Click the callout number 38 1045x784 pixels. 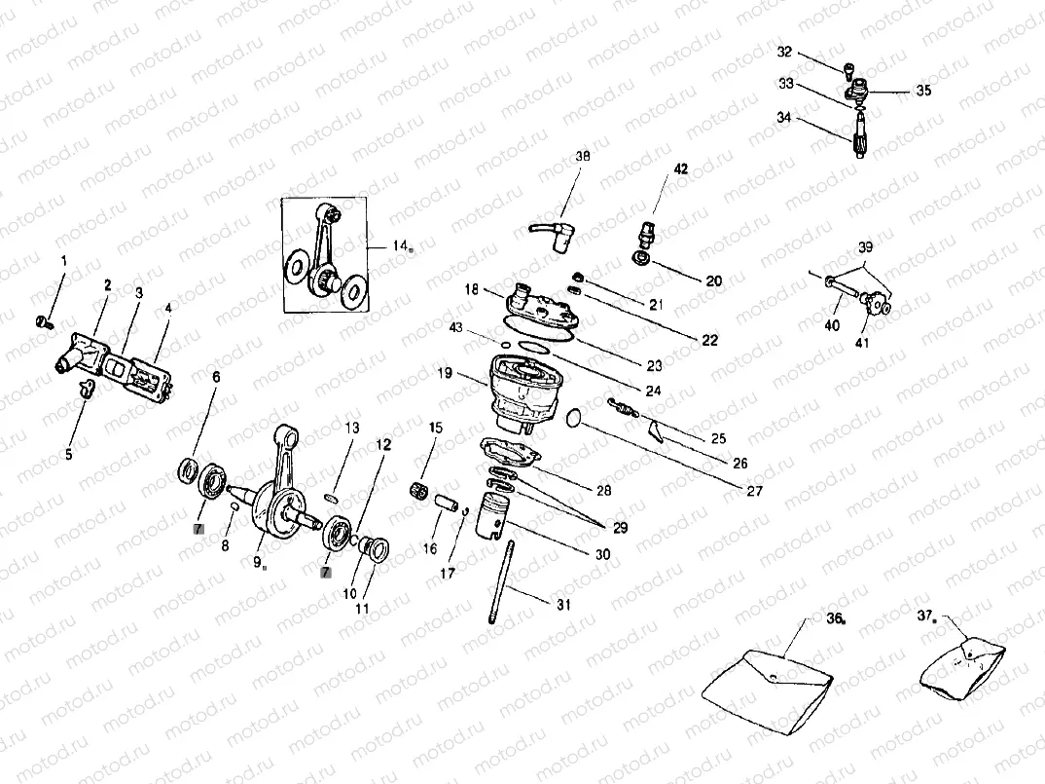[582, 155]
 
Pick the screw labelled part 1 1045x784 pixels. [41, 320]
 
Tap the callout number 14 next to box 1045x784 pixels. [400, 245]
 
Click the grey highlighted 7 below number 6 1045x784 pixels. [198, 529]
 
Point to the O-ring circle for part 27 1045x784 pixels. [576, 418]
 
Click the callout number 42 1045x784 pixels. [681, 168]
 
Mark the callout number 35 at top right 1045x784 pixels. [922, 91]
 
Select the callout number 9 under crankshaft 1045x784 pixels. [257, 562]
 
